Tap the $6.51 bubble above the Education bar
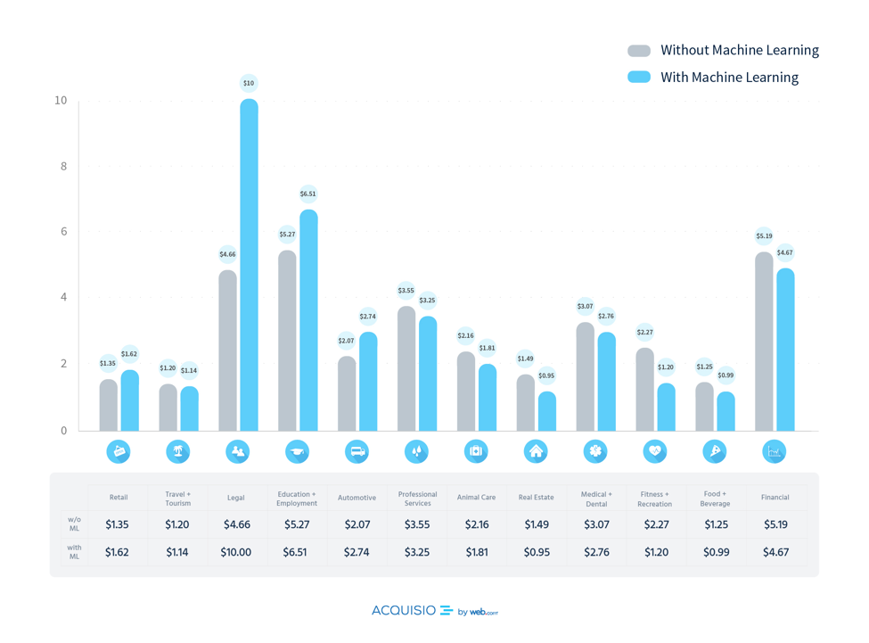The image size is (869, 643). point(307,194)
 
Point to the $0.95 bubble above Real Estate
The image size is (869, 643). point(546,375)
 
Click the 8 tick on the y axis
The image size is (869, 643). point(63,166)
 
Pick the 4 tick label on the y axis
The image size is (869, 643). point(63,297)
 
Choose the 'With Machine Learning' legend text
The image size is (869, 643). point(729,78)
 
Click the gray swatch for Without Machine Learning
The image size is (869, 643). point(639,51)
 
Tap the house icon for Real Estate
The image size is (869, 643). point(536,451)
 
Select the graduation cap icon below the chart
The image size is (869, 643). point(297,451)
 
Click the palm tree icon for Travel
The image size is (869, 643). point(177,451)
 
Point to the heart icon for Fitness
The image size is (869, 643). point(655,451)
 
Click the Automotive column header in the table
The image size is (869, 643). point(357,498)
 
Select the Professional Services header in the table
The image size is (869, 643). point(417,498)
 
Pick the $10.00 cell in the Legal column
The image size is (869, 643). point(236,552)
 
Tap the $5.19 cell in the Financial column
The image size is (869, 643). point(775,524)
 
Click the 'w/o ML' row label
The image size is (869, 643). point(74,523)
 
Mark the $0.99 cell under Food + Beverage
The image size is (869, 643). point(715,552)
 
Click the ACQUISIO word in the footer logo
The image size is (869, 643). point(404,611)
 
